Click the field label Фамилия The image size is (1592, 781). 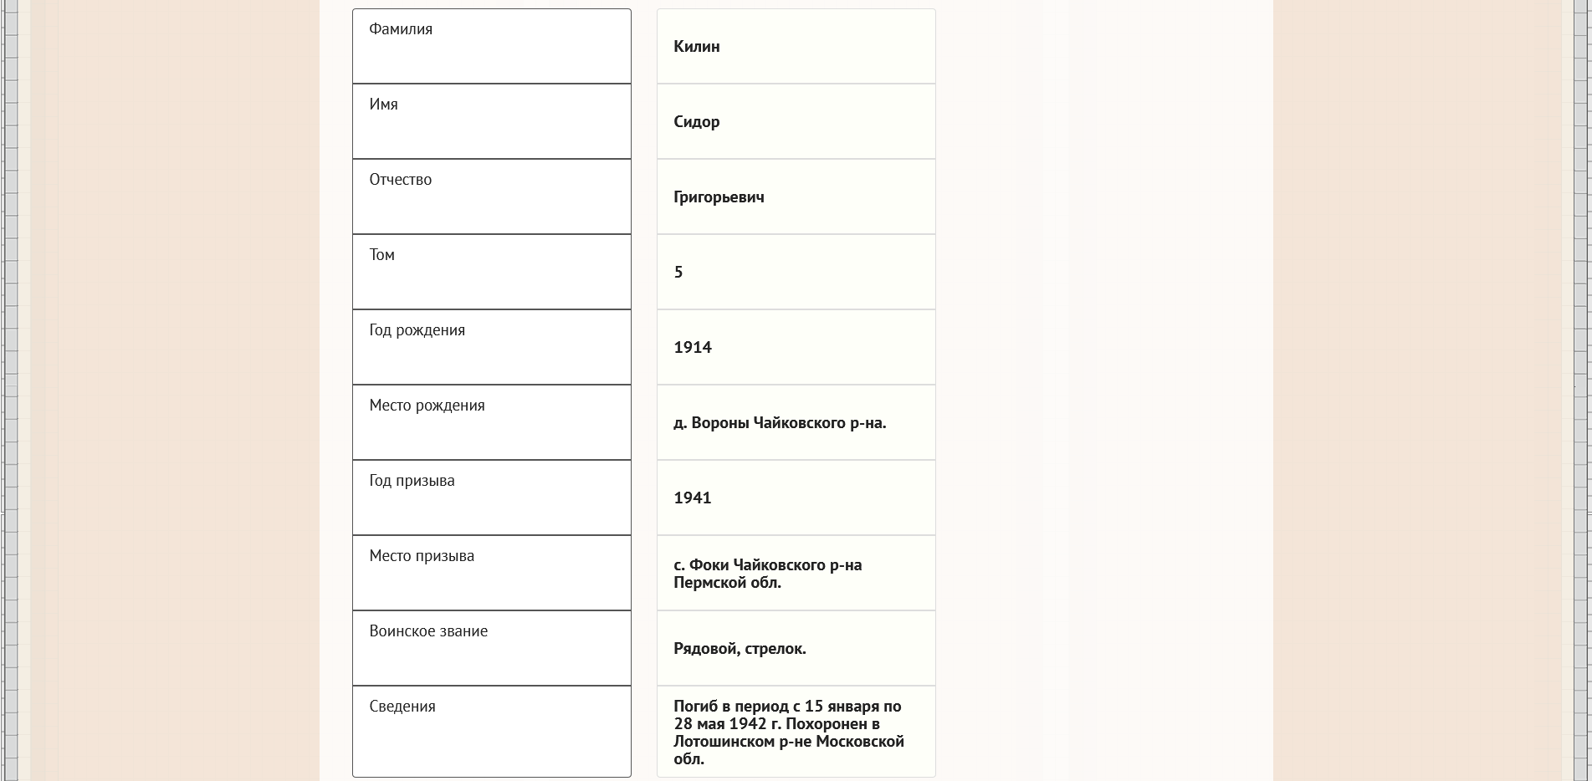[x=401, y=29]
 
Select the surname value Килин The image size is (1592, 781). [x=696, y=47]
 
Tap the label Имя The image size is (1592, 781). [x=383, y=105]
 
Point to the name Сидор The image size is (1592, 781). [x=696, y=122]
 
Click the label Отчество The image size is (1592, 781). [x=400, y=180]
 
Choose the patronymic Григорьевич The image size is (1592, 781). [x=719, y=197]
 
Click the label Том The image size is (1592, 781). [x=381, y=255]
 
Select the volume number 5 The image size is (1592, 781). [x=678, y=273]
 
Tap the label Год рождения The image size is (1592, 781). [x=417, y=330]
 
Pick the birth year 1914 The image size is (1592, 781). [x=692, y=348]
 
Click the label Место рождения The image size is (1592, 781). [x=427, y=406]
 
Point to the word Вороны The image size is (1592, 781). [x=719, y=423]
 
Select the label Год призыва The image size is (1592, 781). [x=412, y=481]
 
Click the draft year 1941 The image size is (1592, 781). [x=692, y=498]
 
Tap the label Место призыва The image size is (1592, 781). [x=422, y=556]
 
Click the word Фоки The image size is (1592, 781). [x=709, y=565]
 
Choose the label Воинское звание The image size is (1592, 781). [x=428, y=631]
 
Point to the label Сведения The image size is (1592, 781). [x=402, y=707]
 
